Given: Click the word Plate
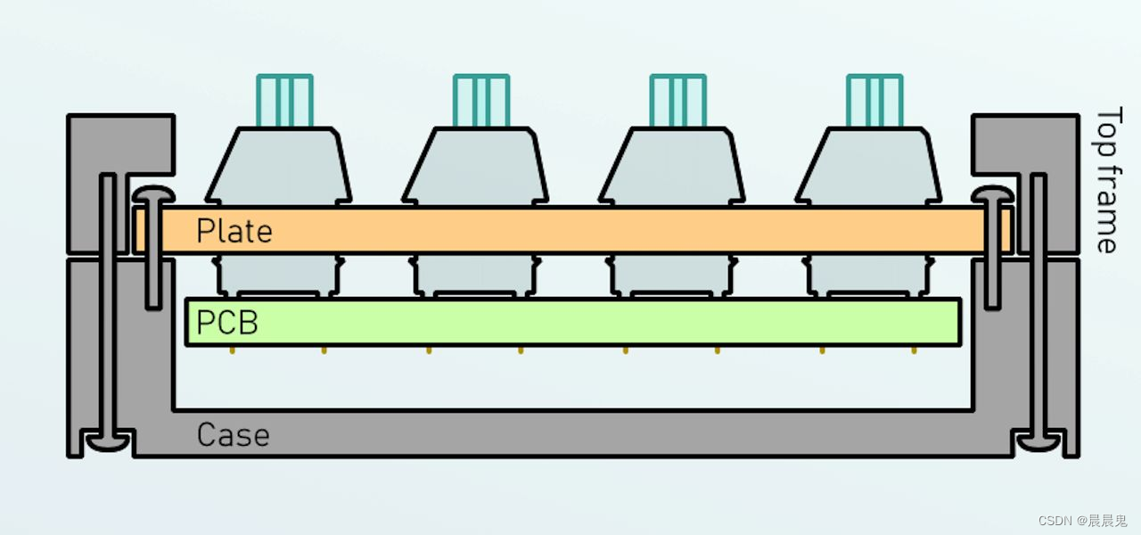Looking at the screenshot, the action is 234,231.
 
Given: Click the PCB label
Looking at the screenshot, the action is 226,322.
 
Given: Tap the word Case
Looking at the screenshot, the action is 232,435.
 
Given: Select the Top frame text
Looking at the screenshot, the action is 1106,181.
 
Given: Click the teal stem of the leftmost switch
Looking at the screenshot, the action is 284,101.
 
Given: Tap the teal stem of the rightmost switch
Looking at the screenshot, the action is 874,101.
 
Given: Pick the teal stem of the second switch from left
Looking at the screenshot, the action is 481,101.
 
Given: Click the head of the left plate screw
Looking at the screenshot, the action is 152,194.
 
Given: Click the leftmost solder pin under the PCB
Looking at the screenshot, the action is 233,350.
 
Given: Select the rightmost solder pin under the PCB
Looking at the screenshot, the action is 915,350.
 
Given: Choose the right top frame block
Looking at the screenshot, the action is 1025,143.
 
